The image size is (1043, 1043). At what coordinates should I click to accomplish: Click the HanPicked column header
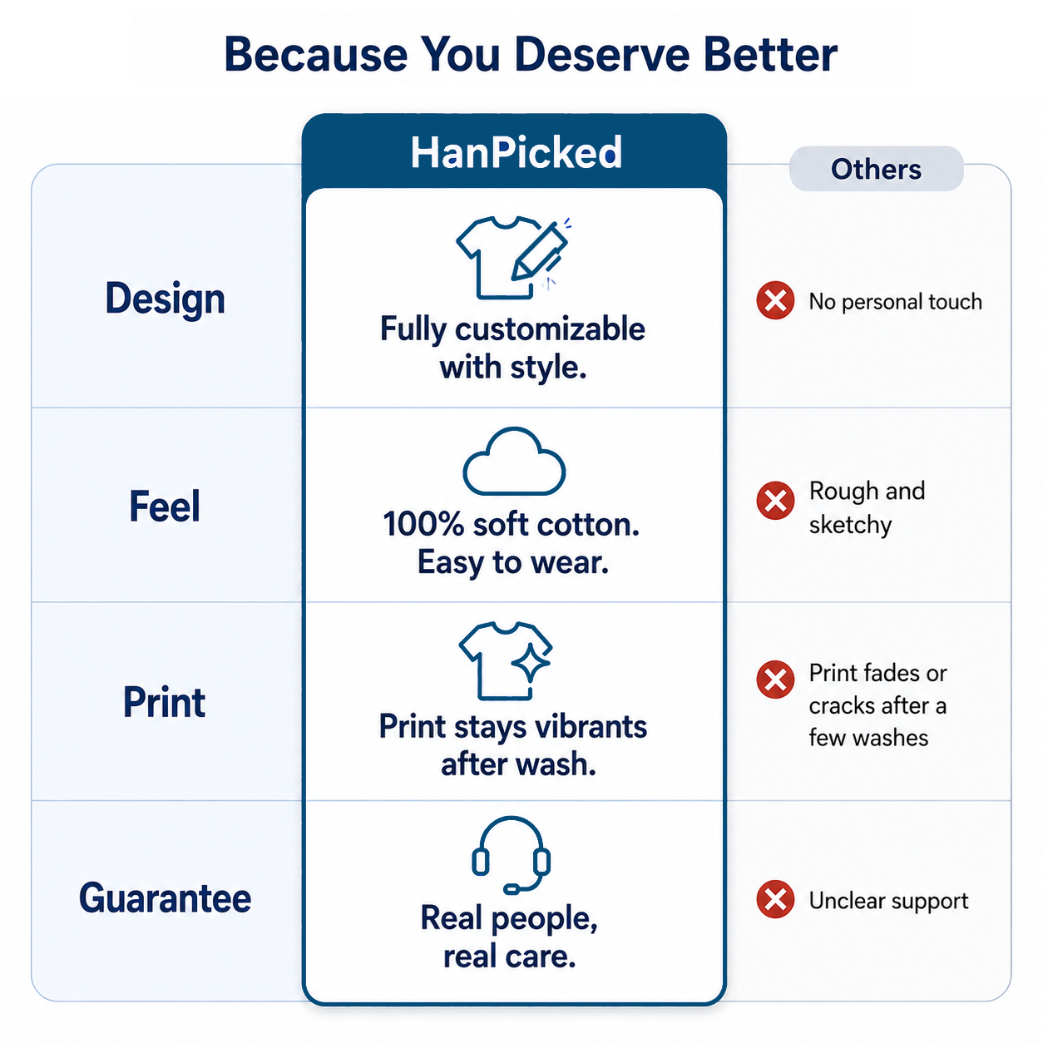tap(516, 153)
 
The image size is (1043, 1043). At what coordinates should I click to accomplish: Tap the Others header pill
tap(876, 169)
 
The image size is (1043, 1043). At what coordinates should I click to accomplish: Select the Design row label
tap(165, 299)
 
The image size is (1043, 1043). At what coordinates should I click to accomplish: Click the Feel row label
tap(165, 506)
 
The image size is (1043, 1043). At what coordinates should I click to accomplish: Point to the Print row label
tap(164, 702)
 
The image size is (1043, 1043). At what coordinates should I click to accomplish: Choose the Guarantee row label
tap(165, 897)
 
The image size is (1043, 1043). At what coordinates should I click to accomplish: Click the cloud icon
tap(514, 461)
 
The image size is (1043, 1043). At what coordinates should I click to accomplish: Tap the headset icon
tap(511, 855)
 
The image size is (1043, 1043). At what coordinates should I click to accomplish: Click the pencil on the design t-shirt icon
tap(540, 250)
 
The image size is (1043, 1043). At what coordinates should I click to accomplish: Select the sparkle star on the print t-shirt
tap(531, 663)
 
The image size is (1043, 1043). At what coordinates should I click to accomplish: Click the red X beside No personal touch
tap(775, 300)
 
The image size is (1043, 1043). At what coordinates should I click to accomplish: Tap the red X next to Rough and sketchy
tap(775, 501)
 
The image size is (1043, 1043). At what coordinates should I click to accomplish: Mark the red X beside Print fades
tap(775, 680)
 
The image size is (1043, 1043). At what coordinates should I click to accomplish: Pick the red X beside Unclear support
tap(775, 899)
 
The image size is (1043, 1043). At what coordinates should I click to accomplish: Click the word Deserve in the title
tap(602, 55)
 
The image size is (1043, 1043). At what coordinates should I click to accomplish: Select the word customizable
tap(550, 329)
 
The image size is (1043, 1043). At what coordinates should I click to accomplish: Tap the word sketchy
tap(850, 525)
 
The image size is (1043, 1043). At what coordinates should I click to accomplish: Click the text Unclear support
tap(888, 901)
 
